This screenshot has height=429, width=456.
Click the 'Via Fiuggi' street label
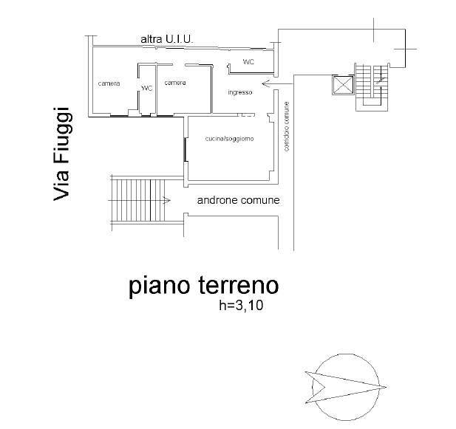pyautogui.click(x=61, y=154)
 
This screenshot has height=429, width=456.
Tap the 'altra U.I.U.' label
pyautogui.click(x=167, y=39)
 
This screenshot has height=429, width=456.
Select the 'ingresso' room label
pyautogui.click(x=240, y=92)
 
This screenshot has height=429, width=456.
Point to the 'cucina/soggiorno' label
pyautogui.click(x=229, y=139)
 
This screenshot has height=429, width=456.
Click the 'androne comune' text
pyautogui.click(x=239, y=200)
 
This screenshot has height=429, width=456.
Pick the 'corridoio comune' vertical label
pyautogui.click(x=287, y=126)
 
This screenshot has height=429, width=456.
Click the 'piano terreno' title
pyautogui.click(x=203, y=286)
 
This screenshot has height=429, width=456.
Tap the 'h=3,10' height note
pyautogui.click(x=241, y=306)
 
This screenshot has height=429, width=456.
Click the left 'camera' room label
pyautogui.click(x=109, y=83)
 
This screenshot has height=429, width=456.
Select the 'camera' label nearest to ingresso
pyautogui.click(x=175, y=83)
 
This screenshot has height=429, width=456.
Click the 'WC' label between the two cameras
pyautogui.click(x=147, y=88)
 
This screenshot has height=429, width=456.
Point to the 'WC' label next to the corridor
pyautogui.click(x=248, y=62)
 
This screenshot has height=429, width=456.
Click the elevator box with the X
pyautogui.click(x=343, y=85)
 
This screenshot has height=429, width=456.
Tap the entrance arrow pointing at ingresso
pyautogui.click(x=278, y=83)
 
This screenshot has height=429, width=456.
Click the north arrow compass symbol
pyautogui.click(x=346, y=387)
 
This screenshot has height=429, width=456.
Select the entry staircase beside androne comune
pyautogui.click(x=138, y=200)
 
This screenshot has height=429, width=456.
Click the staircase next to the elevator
pyautogui.click(x=372, y=87)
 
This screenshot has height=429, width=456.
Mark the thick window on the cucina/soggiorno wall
pyautogui.click(x=186, y=150)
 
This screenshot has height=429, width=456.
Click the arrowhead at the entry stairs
pyautogui.click(x=166, y=200)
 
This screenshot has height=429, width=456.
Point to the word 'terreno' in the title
pyautogui.click(x=239, y=285)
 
